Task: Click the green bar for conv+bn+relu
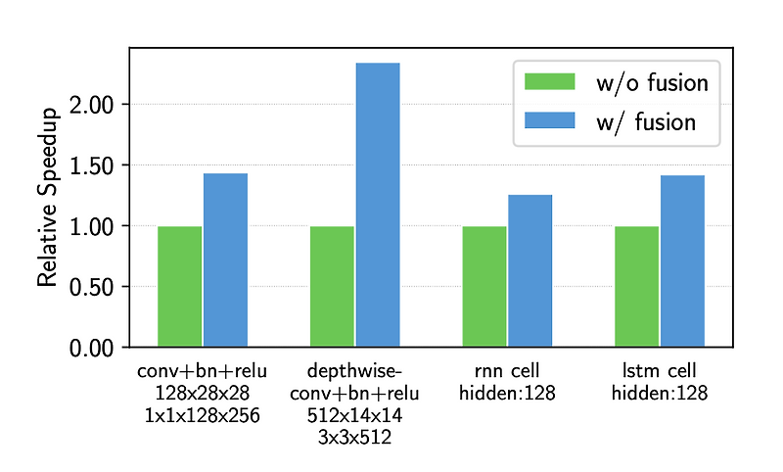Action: (179, 286)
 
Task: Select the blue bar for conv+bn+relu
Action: (225, 260)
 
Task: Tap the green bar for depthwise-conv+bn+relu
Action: (332, 286)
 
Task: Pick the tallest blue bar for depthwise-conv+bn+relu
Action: (378, 205)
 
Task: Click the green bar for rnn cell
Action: (484, 286)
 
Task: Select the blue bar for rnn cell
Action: (530, 270)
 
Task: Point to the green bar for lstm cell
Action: (636, 286)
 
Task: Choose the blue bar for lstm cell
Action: (682, 260)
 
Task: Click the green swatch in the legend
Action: (549, 82)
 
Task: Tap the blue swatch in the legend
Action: (549, 120)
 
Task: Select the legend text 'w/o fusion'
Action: (651, 82)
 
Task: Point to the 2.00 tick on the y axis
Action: (92, 105)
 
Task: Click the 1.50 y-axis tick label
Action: (92, 165)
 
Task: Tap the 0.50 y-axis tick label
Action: (92, 287)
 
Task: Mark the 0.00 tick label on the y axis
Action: (92, 348)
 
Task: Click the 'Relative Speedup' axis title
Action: (48, 197)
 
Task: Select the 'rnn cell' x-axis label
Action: (507, 371)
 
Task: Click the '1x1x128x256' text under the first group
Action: (202, 415)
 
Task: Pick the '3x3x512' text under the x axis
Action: (354, 438)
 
